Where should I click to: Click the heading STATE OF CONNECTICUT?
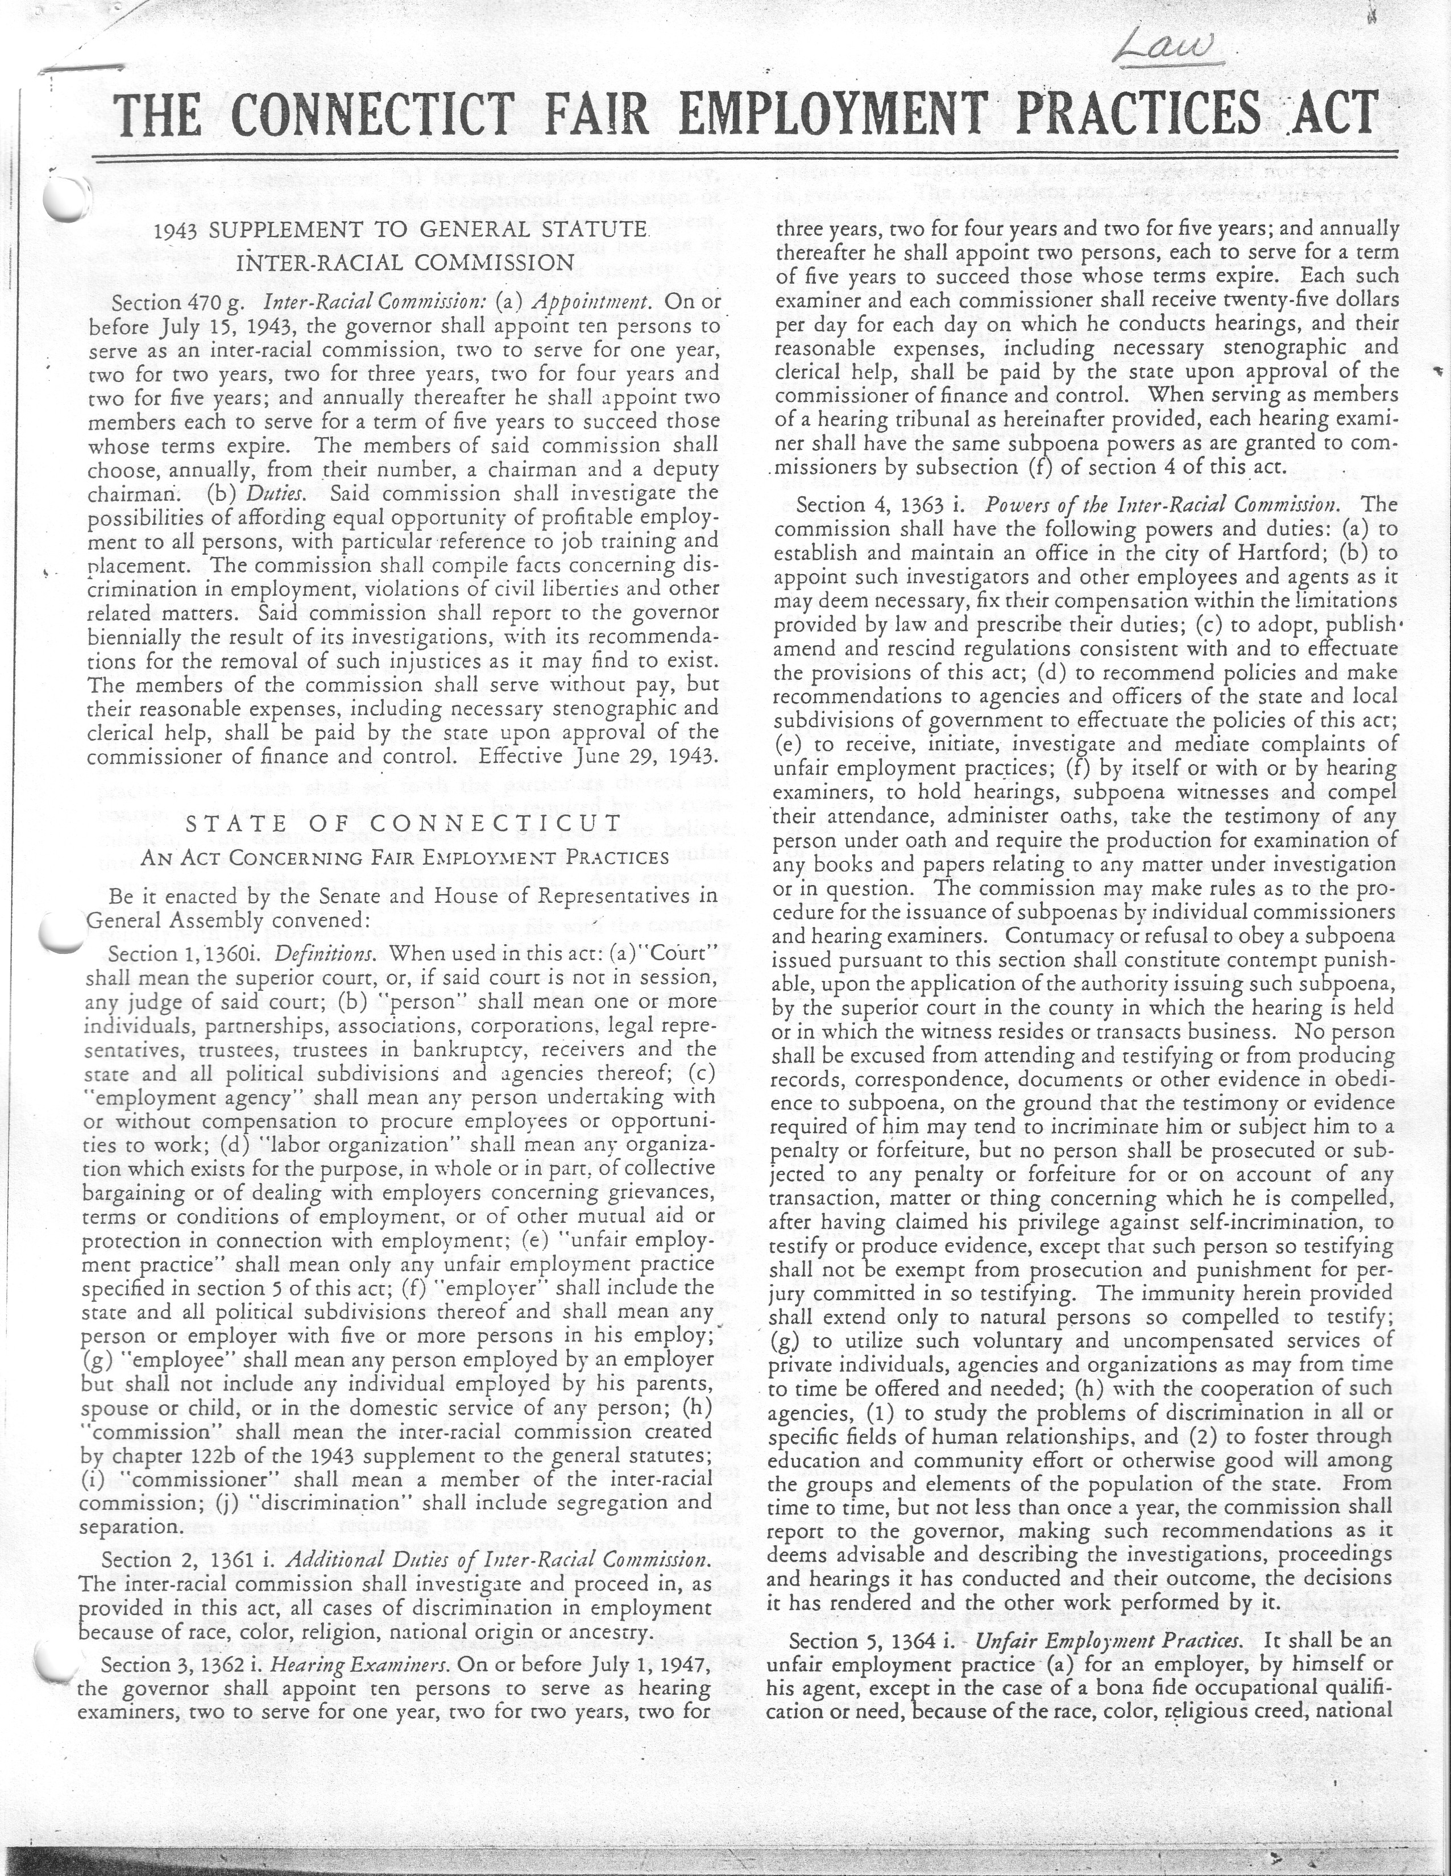403,823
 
